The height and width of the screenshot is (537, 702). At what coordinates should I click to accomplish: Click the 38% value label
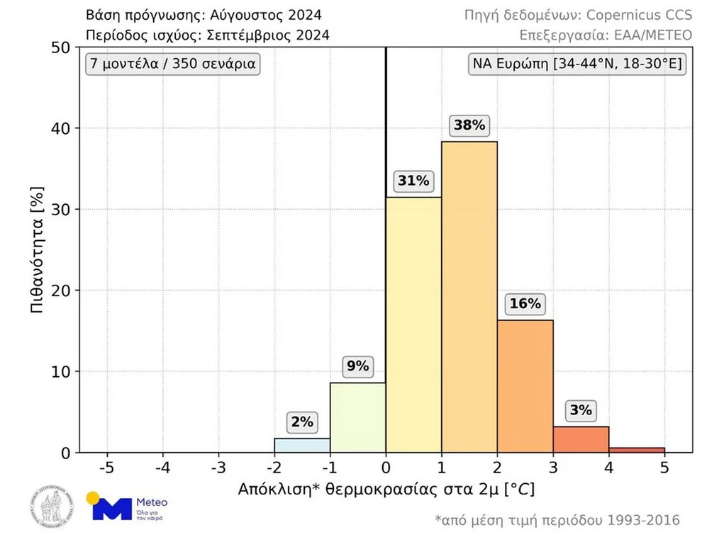click(x=469, y=126)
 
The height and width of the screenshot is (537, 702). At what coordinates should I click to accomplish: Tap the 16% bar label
click(x=525, y=305)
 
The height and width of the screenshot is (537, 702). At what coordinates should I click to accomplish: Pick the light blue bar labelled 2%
click(x=302, y=445)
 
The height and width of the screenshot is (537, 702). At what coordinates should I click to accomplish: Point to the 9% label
click(x=357, y=366)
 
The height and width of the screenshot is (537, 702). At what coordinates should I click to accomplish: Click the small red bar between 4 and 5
click(x=637, y=449)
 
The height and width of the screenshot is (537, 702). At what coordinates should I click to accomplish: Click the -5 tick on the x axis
click(x=107, y=468)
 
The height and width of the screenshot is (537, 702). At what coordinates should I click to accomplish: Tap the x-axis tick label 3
click(x=553, y=468)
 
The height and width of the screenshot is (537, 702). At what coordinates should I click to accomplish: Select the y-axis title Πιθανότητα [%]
click(x=40, y=249)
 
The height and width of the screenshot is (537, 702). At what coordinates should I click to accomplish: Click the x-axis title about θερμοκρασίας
click(x=386, y=489)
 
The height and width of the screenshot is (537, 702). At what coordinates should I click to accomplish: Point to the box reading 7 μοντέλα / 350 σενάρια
click(x=172, y=64)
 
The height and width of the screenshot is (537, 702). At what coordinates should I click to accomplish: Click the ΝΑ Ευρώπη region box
click(x=577, y=64)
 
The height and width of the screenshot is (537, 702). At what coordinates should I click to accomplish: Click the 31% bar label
click(x=413, y=181)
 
